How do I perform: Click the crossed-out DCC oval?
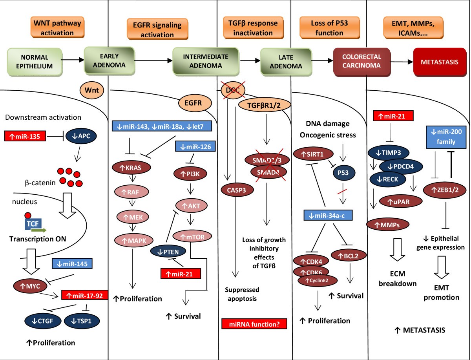coord(232,91)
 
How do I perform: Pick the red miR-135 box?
coord(25,137)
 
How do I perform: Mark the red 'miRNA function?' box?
coord(254,323)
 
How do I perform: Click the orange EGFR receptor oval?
coord(195,104)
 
